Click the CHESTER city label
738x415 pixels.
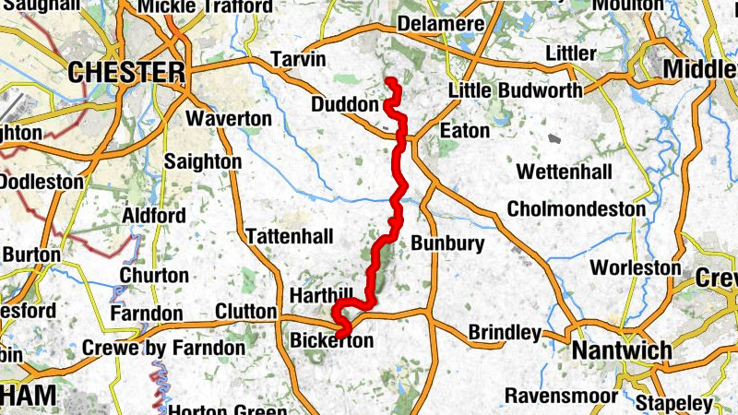click(x=126, y=72)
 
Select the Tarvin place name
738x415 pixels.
click(x=299, y=60)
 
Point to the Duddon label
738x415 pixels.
click(x=344, y=105)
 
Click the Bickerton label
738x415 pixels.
click(x=332, y=341)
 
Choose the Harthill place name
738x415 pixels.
click(x=322, y=294)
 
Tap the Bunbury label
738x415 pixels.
click(x=446, y=244)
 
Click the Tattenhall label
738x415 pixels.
click(x=290, y=237)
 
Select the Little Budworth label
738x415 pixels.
click(x=515, y=90)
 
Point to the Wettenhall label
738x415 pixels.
click(x=565, y=172)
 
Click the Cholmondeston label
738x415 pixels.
click(x=576, y=209)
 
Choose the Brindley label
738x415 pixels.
click(x=505, y=332)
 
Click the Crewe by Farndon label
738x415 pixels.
click(x=164, y=348)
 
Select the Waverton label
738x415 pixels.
click(x=229, y=119)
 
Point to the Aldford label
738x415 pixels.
click(x=153, y=216)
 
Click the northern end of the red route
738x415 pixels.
click(x=388, y=80)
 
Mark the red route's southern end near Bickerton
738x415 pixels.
click(x=341, y=333)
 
